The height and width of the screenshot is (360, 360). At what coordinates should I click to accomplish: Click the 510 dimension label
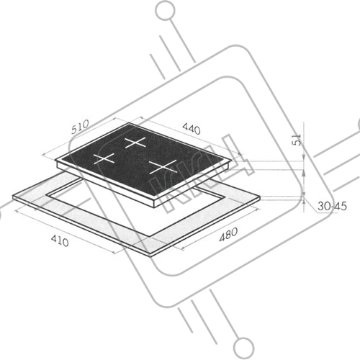coord(80,127)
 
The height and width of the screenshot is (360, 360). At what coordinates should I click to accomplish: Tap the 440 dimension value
coord(192,129)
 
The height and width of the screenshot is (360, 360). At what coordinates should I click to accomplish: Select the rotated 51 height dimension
coord(297,140)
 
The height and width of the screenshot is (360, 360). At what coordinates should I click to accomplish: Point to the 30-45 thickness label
coord(332,206)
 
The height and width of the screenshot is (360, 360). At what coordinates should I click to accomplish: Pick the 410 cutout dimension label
coord(60,240)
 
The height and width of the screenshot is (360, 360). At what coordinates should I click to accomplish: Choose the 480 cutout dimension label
coord(228,234)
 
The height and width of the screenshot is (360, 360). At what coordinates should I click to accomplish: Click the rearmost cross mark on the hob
coord(135,143)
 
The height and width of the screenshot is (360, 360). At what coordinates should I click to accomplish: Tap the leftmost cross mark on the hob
coord(104,158)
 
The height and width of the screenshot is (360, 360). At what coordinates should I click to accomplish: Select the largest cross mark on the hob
coord(163,166)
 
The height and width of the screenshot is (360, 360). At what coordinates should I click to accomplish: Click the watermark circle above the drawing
coord(165,11)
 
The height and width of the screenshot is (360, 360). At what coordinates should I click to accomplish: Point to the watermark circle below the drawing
coord(243,348)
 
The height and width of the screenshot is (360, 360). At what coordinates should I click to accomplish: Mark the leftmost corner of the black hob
coord(55,160)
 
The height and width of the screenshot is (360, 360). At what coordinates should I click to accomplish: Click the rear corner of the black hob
coord(129,123)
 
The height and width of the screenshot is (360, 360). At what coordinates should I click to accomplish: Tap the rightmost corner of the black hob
coord(232,161)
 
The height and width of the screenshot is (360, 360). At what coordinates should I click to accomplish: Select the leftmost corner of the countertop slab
coord(13,197)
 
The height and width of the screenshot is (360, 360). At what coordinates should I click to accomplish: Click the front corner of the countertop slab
coord(151,254)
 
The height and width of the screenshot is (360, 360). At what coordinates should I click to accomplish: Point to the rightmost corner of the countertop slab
coord(260,197)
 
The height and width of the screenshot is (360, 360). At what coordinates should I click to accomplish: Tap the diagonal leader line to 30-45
coord(311,204)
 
